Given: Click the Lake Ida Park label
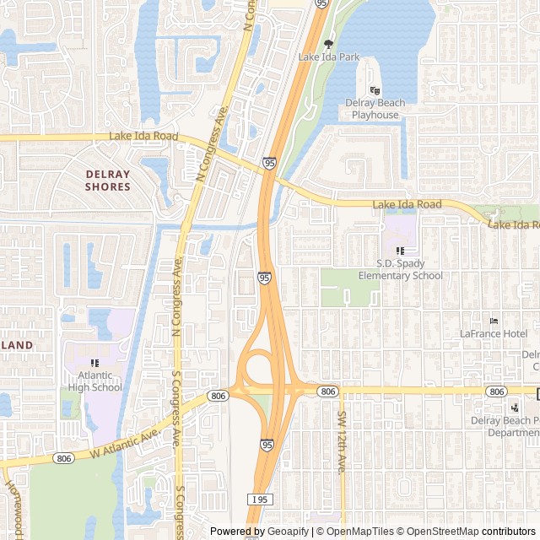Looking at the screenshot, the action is point(329,57).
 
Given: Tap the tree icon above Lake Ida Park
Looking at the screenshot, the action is point(329,44).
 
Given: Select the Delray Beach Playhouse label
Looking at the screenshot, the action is point(375,109).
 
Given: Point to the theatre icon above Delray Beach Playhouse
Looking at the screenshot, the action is point(375,90).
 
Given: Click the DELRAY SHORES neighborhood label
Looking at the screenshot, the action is point(108,181).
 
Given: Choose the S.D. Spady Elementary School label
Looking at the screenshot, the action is point(400,270).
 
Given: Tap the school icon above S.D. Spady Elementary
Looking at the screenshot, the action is point(401,251).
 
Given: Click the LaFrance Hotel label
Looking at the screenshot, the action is point(494,334).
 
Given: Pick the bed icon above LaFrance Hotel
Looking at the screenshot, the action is point(494,321).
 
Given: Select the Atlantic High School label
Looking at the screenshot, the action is point(94,382).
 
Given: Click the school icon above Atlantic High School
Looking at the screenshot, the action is point(94,363).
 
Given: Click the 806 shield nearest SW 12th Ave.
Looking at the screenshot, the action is point(327,391).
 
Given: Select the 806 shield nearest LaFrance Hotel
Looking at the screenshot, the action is point(497,391).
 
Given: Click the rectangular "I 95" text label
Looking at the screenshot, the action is point(260,499).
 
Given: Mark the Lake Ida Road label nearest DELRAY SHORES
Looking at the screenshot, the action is point(143,137).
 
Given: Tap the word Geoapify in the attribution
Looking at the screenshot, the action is point(288,532).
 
